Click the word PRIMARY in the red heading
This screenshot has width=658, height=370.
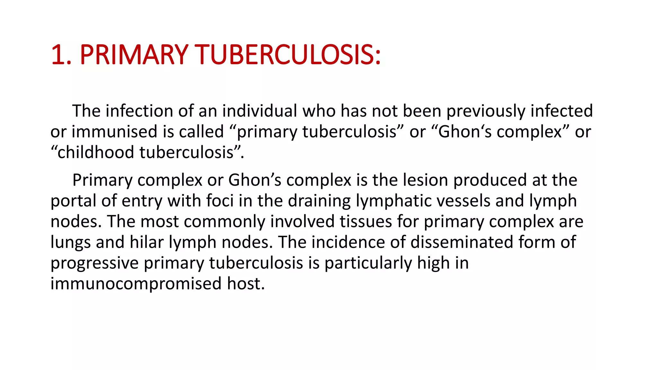coord(134,55)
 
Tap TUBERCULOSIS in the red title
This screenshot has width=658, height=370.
coord(288,55)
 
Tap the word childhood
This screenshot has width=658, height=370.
coord(95,152)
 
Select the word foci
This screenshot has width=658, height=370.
coord(220,201)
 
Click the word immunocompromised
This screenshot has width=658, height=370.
coord(136,284)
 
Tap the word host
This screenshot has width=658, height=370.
coord(246,284)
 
